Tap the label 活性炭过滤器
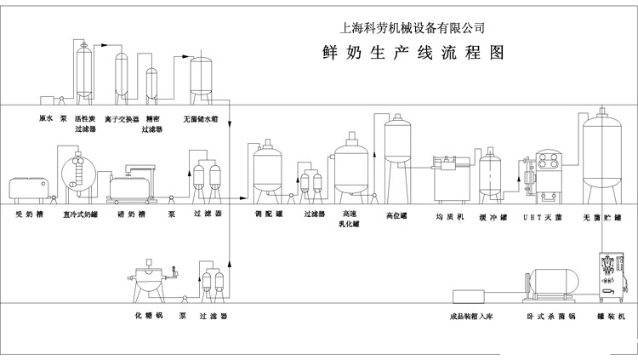point(83,124)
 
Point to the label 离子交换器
point(121,119)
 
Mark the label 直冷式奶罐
point(80,215)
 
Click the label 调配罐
point(269,215)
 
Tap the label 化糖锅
point(148,316)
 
